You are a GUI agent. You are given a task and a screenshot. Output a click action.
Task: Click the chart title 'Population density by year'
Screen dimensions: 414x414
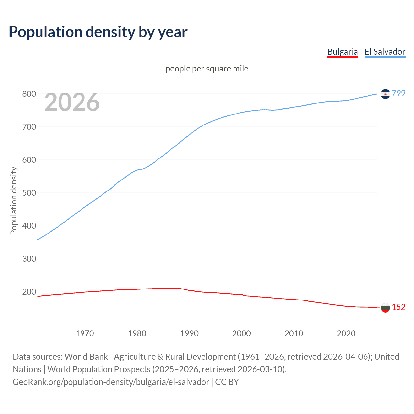click(x=98, y=32)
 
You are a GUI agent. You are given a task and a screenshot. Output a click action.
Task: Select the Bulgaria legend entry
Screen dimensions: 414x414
click(x=343, y=52)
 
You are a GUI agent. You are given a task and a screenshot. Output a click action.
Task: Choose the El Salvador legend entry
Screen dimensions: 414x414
click(x=385, y=52)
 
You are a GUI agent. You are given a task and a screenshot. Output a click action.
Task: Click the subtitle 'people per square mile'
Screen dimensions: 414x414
click(x=207, y=69)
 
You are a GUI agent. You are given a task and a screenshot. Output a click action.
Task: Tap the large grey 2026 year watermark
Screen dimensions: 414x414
click(x=72, y=102)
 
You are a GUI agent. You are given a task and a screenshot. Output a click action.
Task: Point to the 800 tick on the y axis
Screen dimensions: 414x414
click(x=29, y=94)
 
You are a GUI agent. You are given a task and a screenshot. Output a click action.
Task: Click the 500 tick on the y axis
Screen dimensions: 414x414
click(x=29, y=193)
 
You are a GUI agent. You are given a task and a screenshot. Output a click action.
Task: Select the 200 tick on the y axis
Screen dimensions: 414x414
click(x=29, y=292)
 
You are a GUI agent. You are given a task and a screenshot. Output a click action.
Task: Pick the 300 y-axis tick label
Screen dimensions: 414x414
click(x=29, y=259)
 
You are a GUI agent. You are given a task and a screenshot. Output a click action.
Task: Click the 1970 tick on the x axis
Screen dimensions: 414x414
click(x=85, y=333)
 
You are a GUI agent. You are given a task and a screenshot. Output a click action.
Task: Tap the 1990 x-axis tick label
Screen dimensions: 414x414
click(x=189, y=333)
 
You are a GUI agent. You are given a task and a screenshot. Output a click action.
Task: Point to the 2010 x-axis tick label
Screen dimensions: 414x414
click(x=294, y=333)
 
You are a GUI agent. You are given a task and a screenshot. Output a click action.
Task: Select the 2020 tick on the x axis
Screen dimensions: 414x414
click(x=346, y=333)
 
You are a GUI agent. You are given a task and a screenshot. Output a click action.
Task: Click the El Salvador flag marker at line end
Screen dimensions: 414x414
click(x=385, y=94)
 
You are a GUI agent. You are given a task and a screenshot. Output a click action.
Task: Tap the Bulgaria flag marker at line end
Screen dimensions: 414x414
click(x=385, y=308)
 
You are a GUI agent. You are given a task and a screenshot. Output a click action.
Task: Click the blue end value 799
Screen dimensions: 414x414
click(x=398, y=93)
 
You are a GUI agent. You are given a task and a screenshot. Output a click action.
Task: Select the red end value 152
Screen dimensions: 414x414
click(x=398, y=307)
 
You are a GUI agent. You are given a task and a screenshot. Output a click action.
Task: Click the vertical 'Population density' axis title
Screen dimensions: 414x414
click(x=14, y=201)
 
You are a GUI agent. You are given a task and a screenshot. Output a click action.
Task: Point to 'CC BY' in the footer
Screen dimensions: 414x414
click(x=227, y=382)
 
